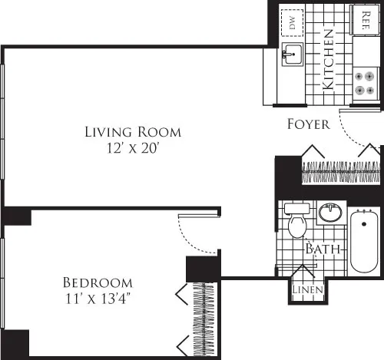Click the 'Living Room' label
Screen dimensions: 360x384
tap(133, 132)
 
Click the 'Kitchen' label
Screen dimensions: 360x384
tap(327, 60)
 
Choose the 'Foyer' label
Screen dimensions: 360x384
tap(308, 124)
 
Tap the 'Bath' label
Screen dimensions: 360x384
tap(322, 249)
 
